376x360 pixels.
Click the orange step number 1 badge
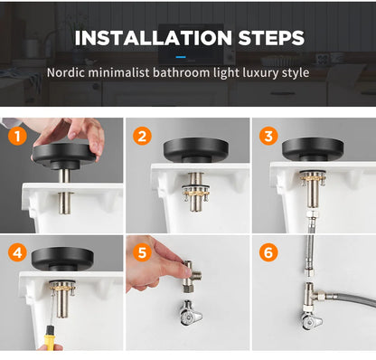(x=14, y=137)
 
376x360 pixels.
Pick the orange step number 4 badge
(x=14, y=252)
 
